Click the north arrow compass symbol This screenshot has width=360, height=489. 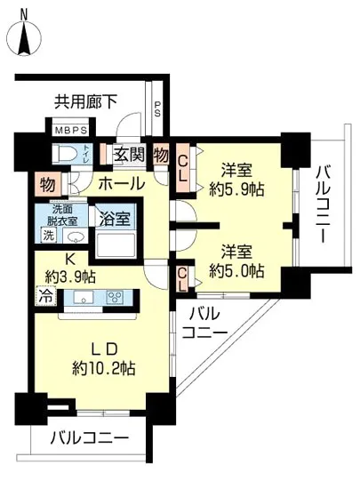point(23,35)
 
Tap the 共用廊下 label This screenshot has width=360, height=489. point(85,102)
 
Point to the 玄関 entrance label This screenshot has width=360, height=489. point(130,155)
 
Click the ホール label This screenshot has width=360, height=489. point(116,184)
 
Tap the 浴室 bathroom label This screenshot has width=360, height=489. point(115,217)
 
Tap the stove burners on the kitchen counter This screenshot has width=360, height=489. point(116,297)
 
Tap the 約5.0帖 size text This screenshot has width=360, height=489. point(236,269)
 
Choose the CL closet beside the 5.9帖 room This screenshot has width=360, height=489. point(181,168)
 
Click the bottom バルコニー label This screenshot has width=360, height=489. point(89,437)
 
